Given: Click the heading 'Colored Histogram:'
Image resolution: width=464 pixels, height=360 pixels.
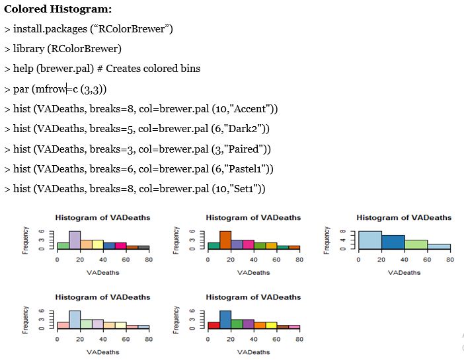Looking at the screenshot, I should click(58, 10).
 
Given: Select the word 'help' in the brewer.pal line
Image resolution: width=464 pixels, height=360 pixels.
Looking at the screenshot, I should click(24, 69).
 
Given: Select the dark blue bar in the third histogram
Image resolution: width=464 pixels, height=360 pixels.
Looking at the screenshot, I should click(393, 242).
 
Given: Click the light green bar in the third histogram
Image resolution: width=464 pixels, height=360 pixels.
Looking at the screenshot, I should click(416, 244).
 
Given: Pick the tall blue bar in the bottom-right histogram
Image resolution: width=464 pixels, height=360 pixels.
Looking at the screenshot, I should click(225, 320).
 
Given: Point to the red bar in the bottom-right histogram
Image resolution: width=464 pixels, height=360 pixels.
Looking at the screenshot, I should click(213, 325).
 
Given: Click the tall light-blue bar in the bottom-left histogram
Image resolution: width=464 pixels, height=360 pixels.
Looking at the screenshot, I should click(75, 320).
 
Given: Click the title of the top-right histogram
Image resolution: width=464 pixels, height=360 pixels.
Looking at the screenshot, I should click(404, 217).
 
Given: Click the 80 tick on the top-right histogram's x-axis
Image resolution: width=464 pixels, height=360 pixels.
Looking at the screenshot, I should click(449, 260).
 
